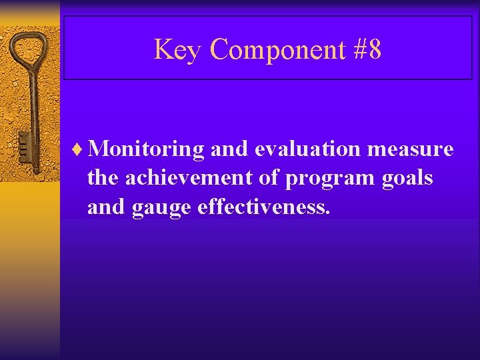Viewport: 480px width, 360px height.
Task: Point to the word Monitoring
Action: [x=145, y=149]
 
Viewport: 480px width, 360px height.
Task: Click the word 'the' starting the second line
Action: [x=103, y=179]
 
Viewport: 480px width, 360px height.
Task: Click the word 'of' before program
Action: [x=271, y=179]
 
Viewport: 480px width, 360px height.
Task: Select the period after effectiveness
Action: [x=327, y=213]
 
